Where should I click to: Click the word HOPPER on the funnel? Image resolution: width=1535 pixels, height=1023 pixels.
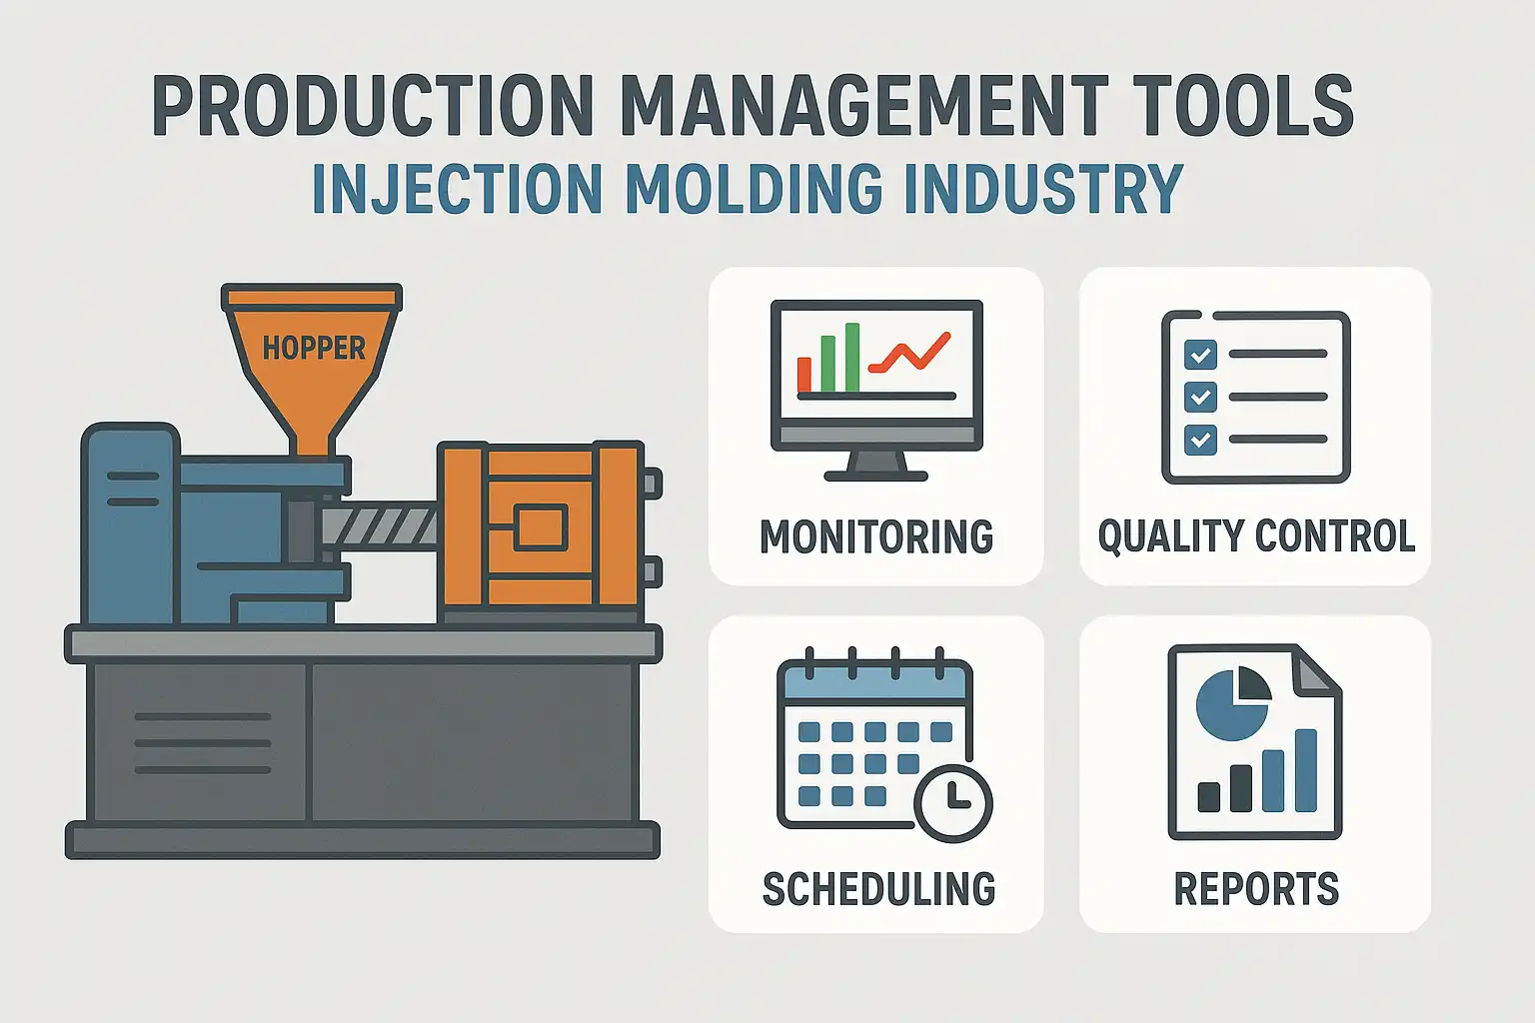click(x=314, y=348)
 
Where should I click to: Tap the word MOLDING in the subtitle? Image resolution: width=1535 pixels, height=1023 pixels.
click(x=755, y=188)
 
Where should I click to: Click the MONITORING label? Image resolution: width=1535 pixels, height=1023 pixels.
click(x=876, y=536)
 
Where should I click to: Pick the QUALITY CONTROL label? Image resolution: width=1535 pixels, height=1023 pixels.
click(x=1256, y=536)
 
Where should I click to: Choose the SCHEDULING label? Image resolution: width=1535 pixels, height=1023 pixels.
click(x=878, y=889)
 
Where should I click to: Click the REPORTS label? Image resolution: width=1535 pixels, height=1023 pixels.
click(x=1256, y=889)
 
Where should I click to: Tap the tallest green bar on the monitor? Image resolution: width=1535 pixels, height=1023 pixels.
click(x=852, y=357)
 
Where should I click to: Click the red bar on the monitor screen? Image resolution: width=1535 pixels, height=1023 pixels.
click(x=804, y=374)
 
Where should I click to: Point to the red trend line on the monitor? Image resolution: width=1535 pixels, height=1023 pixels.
click(x=910, y=354)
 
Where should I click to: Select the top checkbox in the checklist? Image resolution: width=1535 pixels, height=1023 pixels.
click(x=1200, y=355)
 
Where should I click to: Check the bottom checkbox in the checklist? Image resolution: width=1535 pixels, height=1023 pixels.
click(x=1200, y=440)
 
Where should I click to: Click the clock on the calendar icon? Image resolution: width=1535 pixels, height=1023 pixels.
click(x=953, y=804)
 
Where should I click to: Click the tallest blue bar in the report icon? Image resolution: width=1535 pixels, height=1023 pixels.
click(x=1306, y=770)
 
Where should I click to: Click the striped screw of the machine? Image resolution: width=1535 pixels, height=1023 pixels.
click(x=379, y=526)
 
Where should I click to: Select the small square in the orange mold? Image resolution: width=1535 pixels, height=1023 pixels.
click(x=541, y=526)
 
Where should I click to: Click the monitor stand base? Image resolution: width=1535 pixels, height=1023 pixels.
click(x=875, y=476)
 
